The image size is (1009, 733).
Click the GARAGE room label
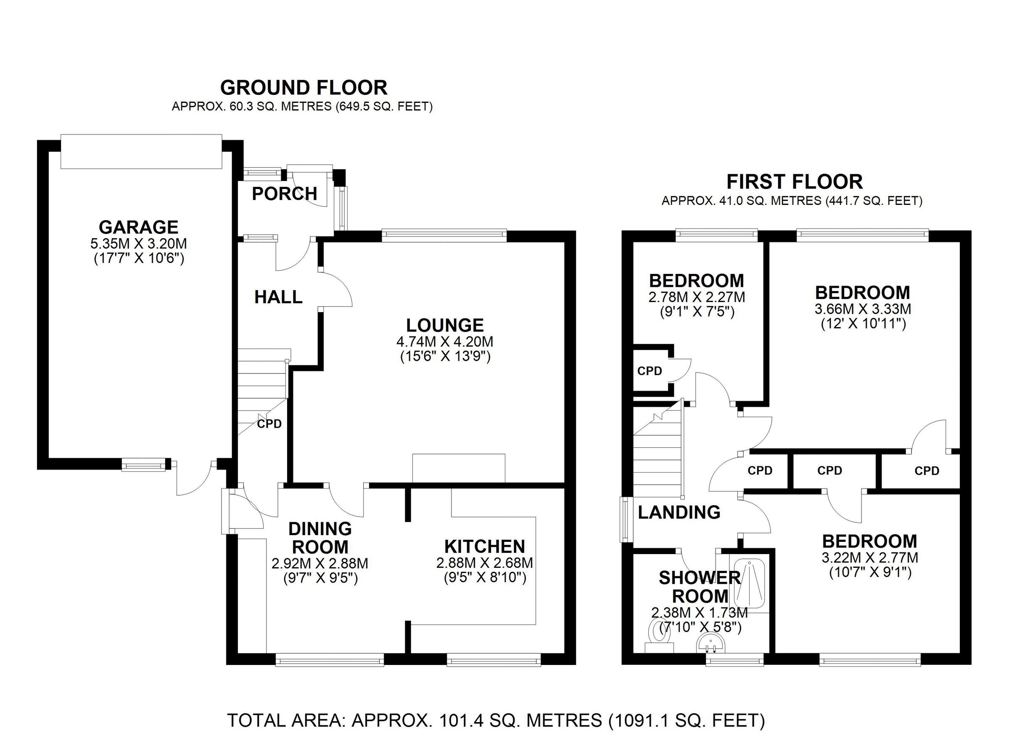pos(138,227)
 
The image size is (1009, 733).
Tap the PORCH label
pos(284,194)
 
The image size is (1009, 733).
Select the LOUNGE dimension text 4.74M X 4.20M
pos(444,342)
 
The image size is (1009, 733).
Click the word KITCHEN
pos(484,546)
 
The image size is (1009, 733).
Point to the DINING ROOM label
pos(320,537)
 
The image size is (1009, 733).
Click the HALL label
pos(278,297)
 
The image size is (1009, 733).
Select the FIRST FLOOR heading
pos(795,182)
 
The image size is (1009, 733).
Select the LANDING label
pos(679,512)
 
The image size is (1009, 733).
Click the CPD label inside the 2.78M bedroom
pos(650,371)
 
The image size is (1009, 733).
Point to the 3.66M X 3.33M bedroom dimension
pos(863,308)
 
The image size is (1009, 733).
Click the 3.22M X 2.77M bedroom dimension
pos(870,557)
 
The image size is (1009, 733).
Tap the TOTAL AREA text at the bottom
pos(496,720)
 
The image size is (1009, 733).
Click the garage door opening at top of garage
pos(141,152)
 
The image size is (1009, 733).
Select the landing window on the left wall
pos(626,520)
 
